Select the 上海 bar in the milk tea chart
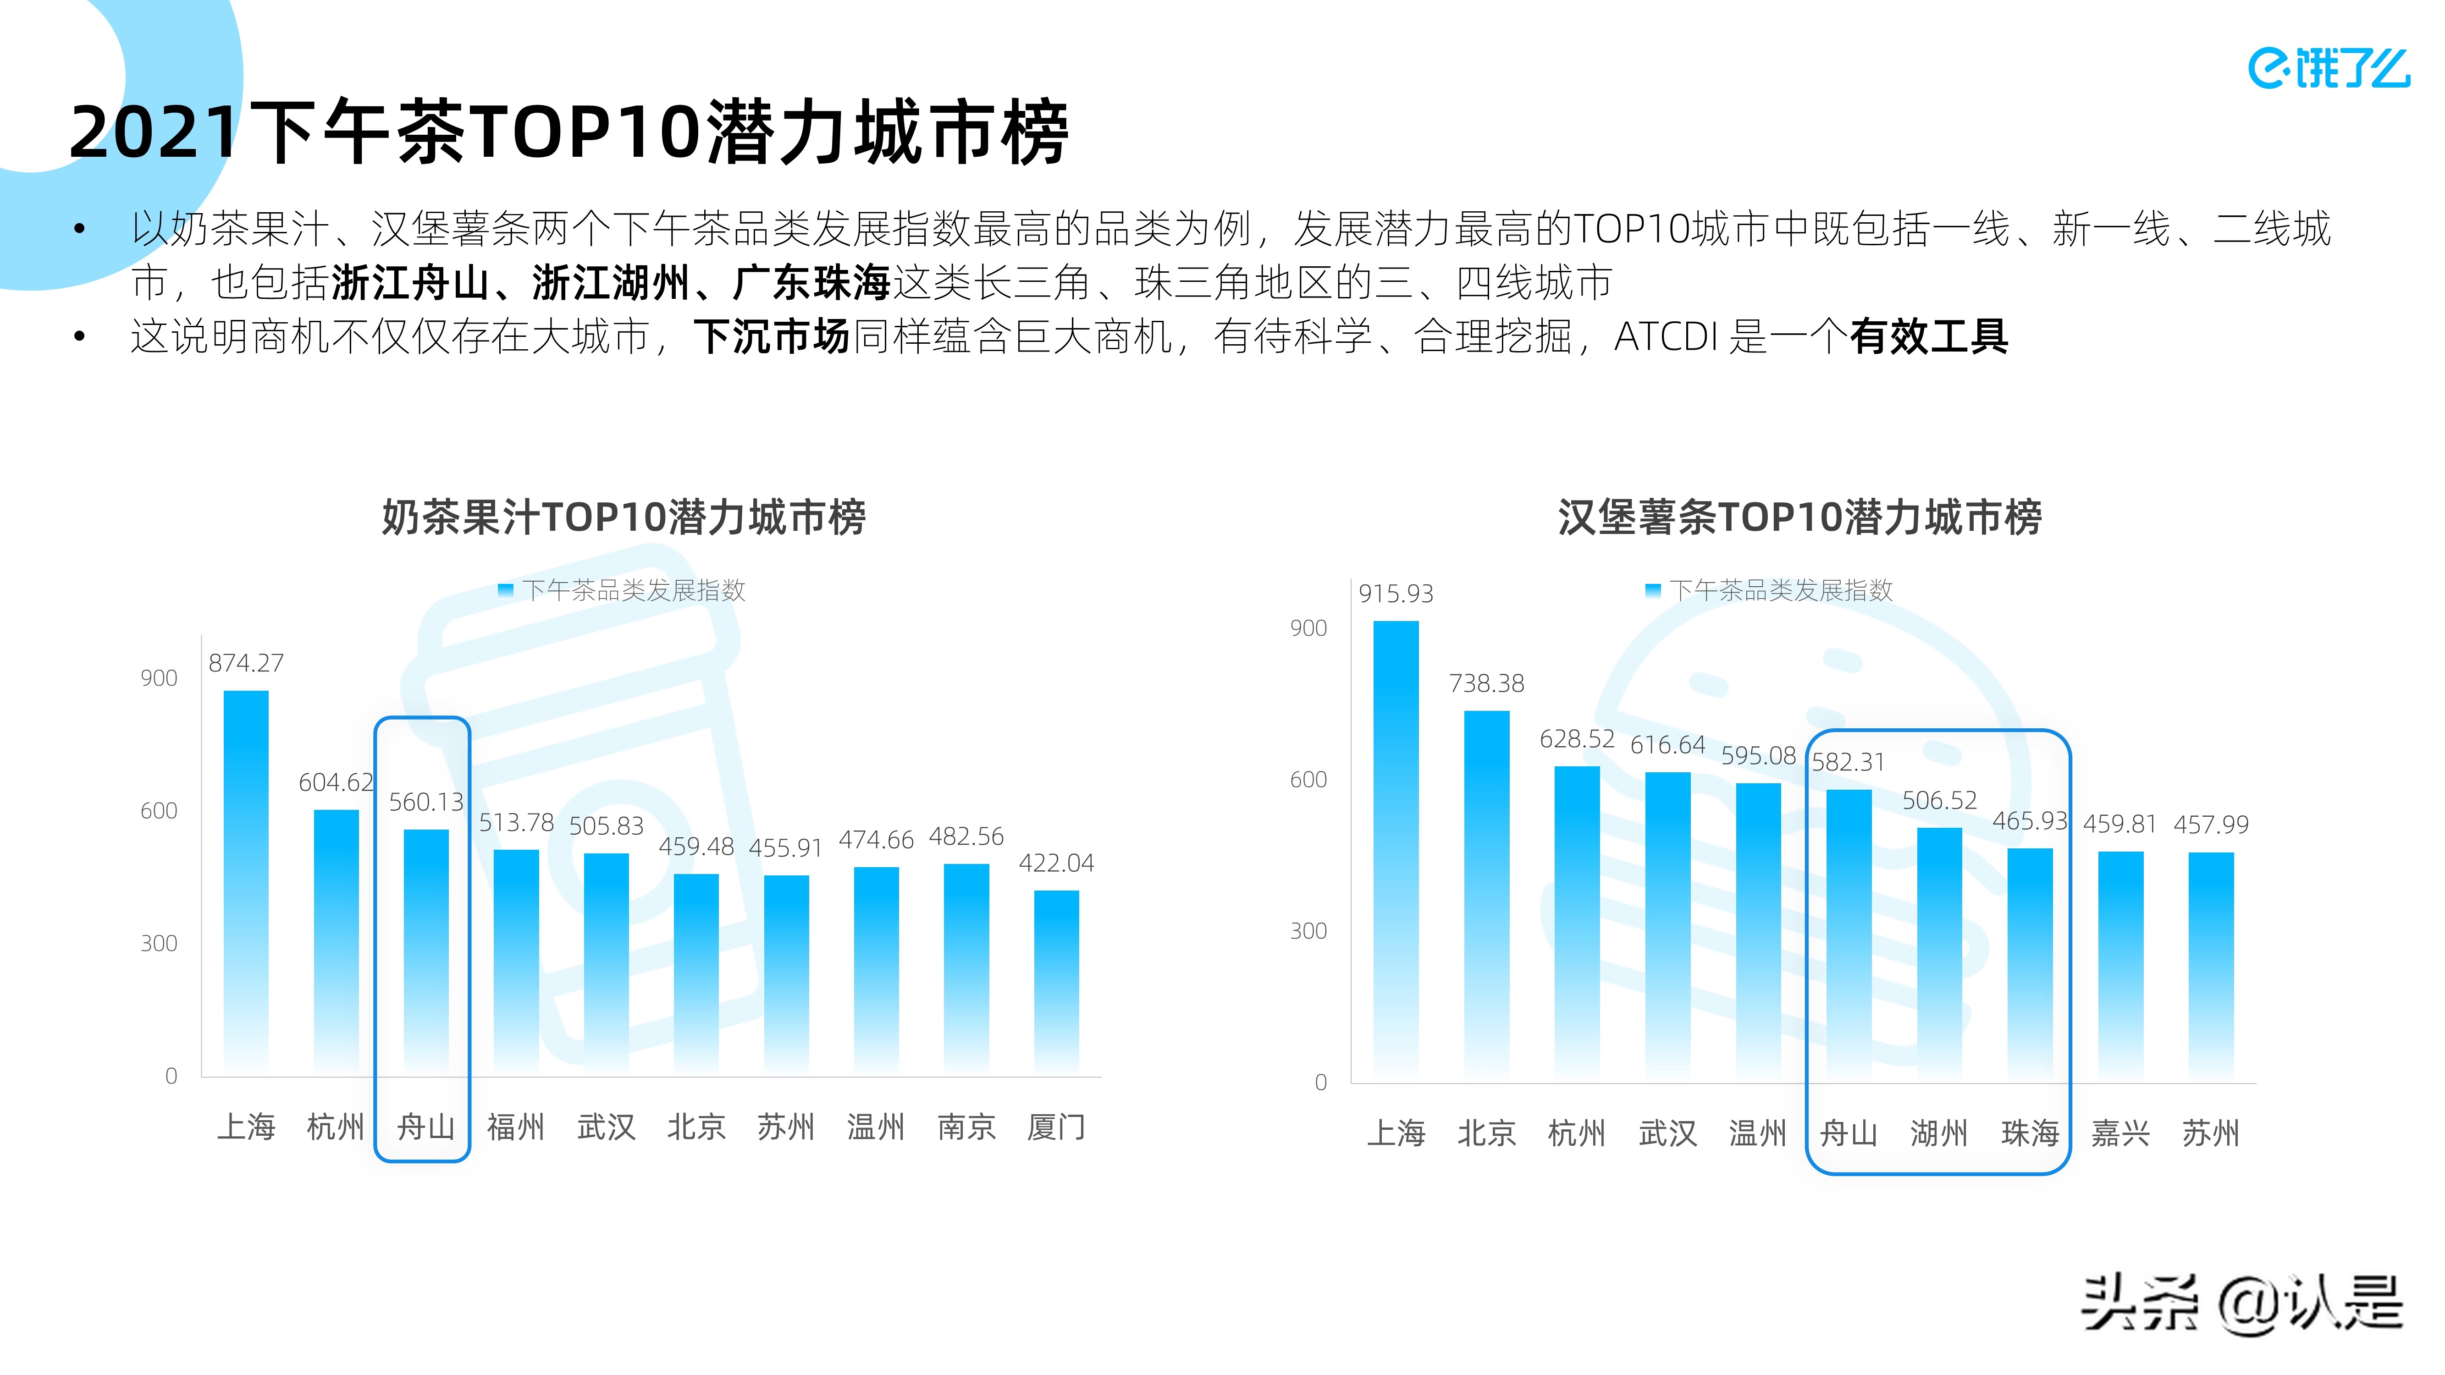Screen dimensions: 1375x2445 [x=246, y=882]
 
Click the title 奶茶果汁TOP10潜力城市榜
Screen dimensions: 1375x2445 [x=624, y=517]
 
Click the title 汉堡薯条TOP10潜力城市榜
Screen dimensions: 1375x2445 [x=1799, y=517]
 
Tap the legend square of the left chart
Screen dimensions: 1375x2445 [x=506, y=590]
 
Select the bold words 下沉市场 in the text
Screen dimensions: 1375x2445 [x=771, y=336]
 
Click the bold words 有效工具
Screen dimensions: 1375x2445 [x=1929, y=336]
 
